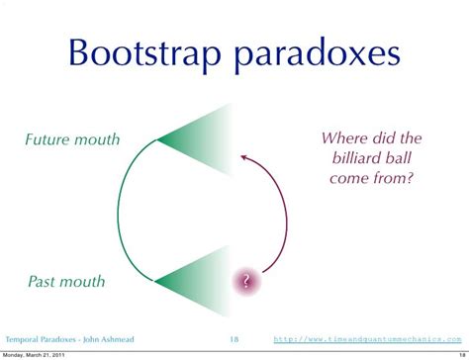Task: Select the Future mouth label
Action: coord(72,139)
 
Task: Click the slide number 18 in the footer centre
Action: coord(234,337)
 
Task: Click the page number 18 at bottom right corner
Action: coord(459,354)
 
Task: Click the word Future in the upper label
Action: coord(48,139)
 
